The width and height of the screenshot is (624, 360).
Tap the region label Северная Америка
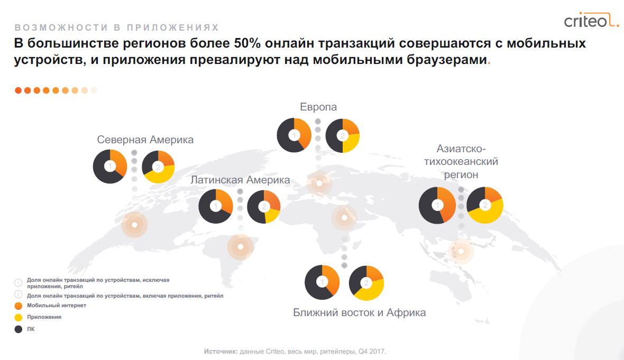[145, 140]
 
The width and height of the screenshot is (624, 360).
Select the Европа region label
[318, 107]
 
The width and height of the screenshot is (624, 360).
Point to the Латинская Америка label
[240, 180]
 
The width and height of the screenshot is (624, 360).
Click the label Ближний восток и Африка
[359, 312]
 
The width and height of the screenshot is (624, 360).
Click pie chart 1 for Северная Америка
[110, 167]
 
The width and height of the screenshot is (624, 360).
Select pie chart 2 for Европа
[343, 136]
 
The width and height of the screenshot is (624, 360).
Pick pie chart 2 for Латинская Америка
[263, 207]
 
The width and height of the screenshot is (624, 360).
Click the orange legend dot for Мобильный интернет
[19, 306]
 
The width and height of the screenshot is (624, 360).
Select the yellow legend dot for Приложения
[19, 317]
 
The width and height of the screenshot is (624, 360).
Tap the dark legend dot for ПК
[19, 329]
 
